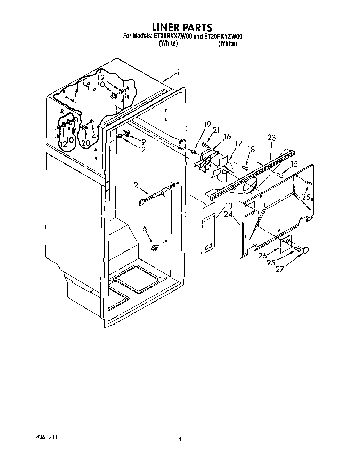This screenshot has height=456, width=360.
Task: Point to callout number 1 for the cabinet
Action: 178,72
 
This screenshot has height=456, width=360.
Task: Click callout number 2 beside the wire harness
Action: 136,185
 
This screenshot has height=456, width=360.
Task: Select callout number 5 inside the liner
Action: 145,229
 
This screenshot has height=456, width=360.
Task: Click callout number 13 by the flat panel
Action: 229,206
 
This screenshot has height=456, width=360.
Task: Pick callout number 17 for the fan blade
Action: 238,143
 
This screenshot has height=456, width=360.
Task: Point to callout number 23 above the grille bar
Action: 271,138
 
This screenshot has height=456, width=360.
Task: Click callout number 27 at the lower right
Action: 280,269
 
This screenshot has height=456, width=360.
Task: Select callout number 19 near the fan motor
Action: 207,124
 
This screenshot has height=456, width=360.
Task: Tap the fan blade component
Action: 223,170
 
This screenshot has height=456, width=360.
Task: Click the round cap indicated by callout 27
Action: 306,250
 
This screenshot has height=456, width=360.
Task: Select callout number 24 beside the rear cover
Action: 228,214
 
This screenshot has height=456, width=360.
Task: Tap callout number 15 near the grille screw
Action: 294,164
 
